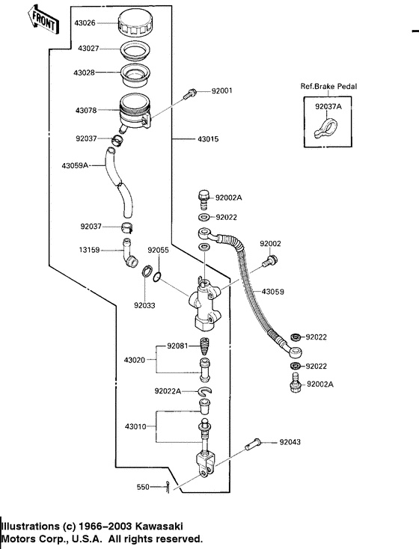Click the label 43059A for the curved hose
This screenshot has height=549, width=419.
point(75,165)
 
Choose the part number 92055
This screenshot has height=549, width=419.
point(159,251)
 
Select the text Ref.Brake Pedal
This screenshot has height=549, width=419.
point(329,87)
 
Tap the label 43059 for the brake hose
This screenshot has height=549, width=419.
point(272,292)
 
